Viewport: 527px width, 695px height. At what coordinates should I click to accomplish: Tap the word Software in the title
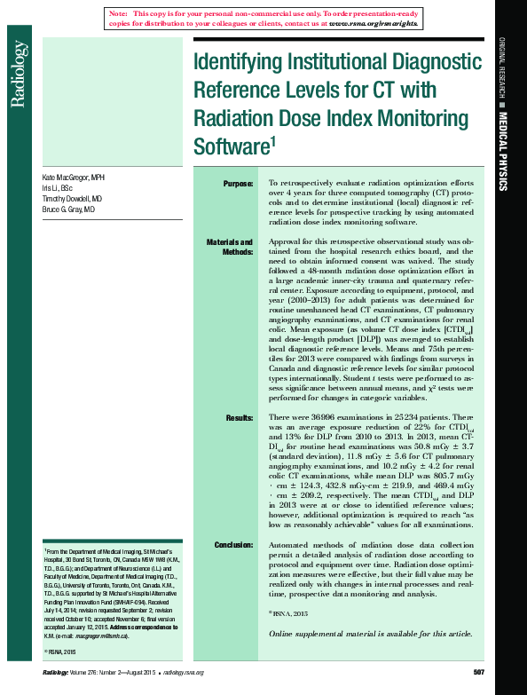pyautogui.click(x=232, y=146)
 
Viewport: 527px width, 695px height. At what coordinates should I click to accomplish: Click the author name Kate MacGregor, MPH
pyautogui.click(x=74, y=178)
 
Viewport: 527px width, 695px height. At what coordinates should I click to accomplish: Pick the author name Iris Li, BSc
pyautogui.click(x=58, y=189)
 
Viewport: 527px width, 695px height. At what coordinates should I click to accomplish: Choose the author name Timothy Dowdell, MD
pyautogui.click(x=72, y=200)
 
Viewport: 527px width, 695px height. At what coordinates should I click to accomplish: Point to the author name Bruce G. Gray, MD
pyautogui.click(x=68, y=210)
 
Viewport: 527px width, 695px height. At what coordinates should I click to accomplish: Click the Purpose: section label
pyautogui.click(x=238, y=184)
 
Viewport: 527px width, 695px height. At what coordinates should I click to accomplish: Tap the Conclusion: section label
pyautogui.click(x=233, y=544)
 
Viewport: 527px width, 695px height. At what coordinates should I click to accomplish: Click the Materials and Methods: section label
pyautogui.click(x=230, y=247)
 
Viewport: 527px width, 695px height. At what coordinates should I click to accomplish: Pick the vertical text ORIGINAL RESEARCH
pyautogui.click(x=502, y=68)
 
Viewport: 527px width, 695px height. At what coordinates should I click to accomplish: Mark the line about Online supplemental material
pyautogui.click(x=370, y=634)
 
